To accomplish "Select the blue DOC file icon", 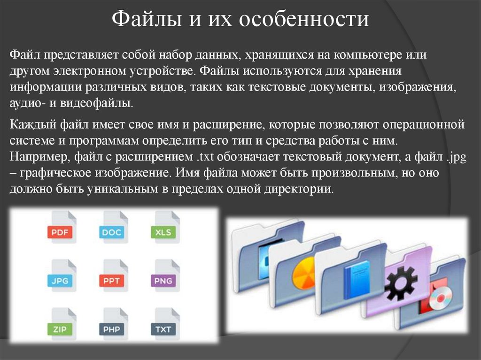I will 111,231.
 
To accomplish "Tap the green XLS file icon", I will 163,231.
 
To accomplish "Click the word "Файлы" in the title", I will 144,21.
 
